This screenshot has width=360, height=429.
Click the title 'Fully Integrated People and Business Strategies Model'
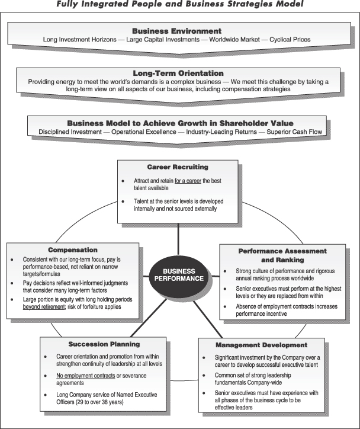point(179,5)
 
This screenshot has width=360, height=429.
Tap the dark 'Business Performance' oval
point(179,273)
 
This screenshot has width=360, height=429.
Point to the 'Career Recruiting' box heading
point(178,167)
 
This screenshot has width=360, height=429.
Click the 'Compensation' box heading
point(73,249)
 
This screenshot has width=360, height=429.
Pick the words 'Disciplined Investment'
point(70,131)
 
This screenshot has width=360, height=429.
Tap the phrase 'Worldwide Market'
point(229,40)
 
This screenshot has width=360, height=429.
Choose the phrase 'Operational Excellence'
point(142,131)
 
